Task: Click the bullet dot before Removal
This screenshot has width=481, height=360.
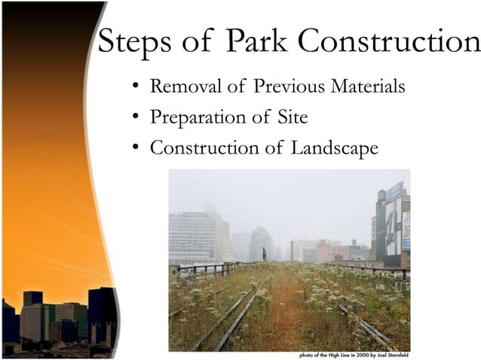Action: click(x=135, y=87)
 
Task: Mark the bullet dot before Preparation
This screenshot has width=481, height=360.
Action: click(x=135, y=118)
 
